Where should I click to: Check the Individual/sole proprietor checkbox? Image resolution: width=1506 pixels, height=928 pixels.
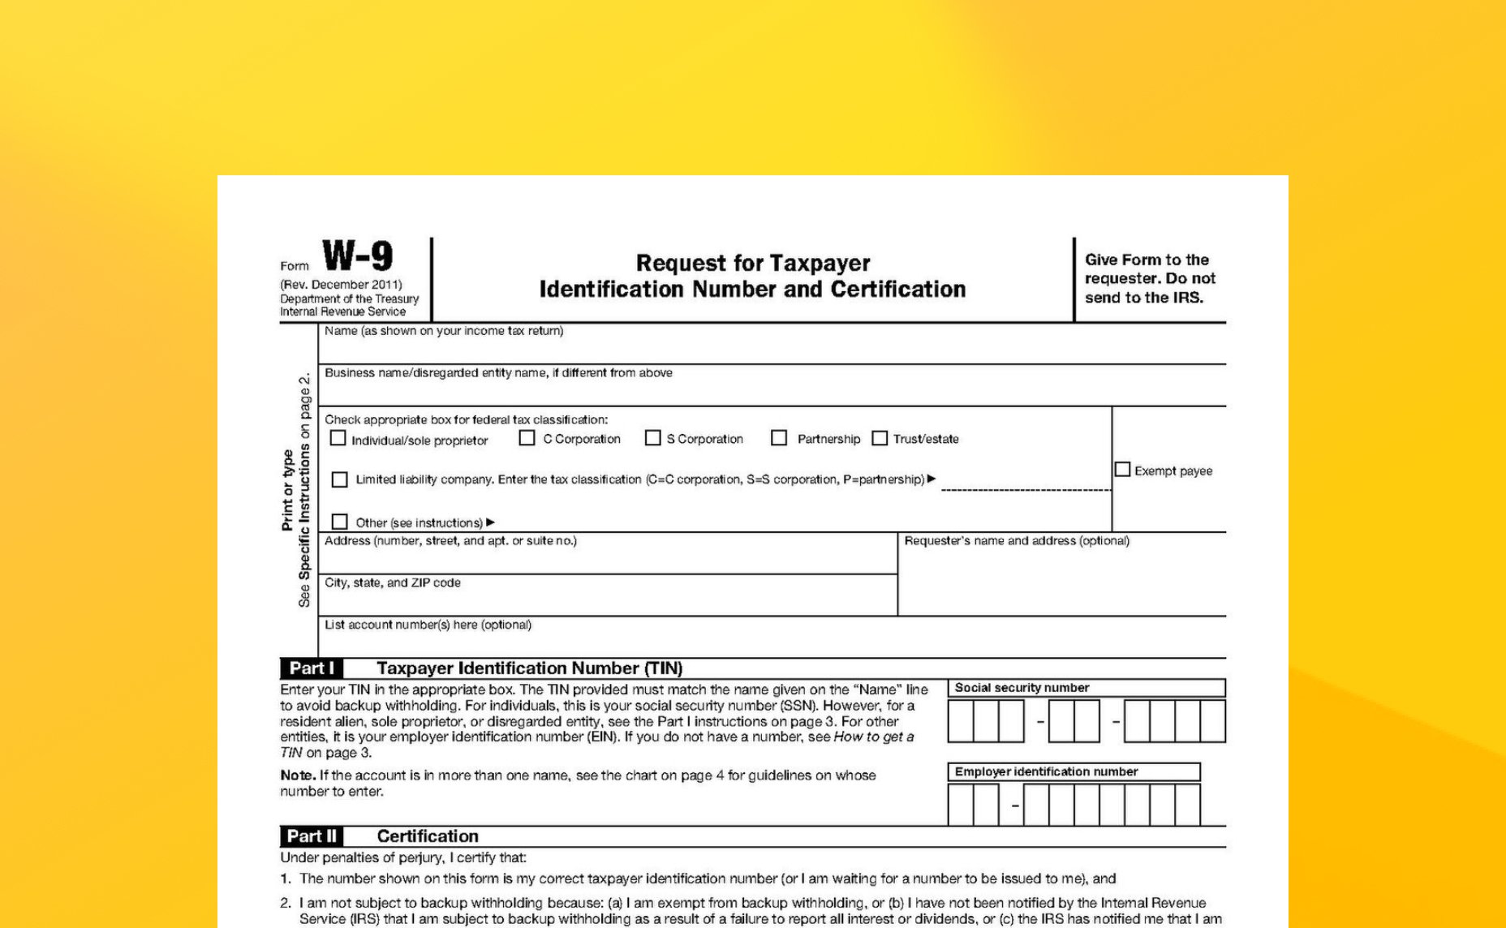pos(338,438)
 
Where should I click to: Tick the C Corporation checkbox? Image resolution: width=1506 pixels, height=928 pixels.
pos(527,438)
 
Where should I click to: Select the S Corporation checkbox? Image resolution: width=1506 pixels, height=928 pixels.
pos(652,438)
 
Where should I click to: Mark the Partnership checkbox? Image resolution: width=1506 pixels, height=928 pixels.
pos(779,438)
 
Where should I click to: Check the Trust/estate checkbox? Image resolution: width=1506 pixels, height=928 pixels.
pos(880,438)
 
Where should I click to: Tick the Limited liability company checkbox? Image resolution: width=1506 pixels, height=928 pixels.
pos(340,479)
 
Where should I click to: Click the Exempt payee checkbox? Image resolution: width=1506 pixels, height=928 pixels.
pos(1122,470)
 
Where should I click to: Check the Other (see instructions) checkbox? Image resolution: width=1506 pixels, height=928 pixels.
pos(340,522)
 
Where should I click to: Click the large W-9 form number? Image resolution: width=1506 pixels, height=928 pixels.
pos(358,256)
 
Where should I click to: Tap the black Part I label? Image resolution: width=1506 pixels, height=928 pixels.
pos(312,668)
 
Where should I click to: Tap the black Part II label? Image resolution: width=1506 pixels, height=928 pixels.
pos(312,836)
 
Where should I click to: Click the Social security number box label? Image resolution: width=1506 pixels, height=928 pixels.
pos(1022,688)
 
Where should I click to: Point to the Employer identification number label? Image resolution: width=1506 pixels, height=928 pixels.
pos(1046,771)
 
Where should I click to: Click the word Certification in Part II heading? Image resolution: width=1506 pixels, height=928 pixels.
pos(428,836)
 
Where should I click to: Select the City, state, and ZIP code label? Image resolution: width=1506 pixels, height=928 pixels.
pos(393,582)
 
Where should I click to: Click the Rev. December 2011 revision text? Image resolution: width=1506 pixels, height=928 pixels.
pos(341,285)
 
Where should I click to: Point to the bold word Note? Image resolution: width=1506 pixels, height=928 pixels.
pos(298,775)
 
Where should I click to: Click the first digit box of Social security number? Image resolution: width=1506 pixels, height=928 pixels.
pos(961,721)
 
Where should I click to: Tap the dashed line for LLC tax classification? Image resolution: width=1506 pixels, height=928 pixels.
pos(1026,490)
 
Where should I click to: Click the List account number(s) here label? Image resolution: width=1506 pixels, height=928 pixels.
pos(428,625)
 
